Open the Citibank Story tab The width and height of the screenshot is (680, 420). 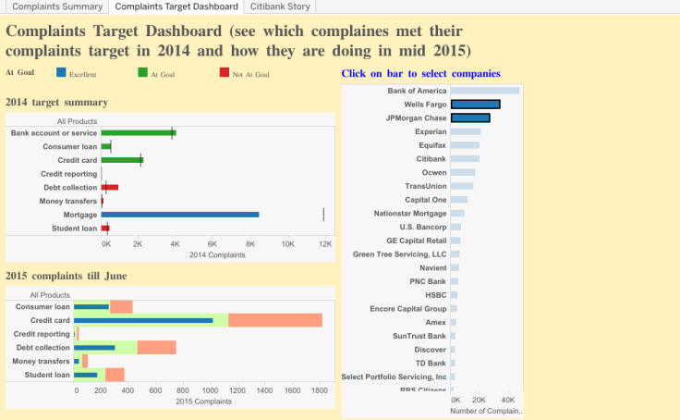(x=281, y=6)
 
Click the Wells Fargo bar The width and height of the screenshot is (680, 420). (x=475, y=105)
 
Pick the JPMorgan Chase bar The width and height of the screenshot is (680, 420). (x=469, y=118)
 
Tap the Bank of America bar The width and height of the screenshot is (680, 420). (x=484, y=91)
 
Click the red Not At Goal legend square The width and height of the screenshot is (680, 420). (x=225, y=73)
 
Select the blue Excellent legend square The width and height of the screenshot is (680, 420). (x=61, y=73)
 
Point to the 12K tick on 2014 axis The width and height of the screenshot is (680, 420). (x=325, y=243)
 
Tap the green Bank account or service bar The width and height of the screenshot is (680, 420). (x=139, y=133)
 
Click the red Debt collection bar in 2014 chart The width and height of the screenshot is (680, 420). (x=110, y=187)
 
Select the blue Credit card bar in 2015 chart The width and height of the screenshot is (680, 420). (x=143, y=320)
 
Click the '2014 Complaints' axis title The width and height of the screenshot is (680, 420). (x=216, y=254)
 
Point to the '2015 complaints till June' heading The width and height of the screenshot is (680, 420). (x=67, y=276)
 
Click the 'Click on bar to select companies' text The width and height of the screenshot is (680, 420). (x=421, y=73)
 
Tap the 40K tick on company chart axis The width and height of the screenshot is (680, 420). (x=507, y=400)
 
